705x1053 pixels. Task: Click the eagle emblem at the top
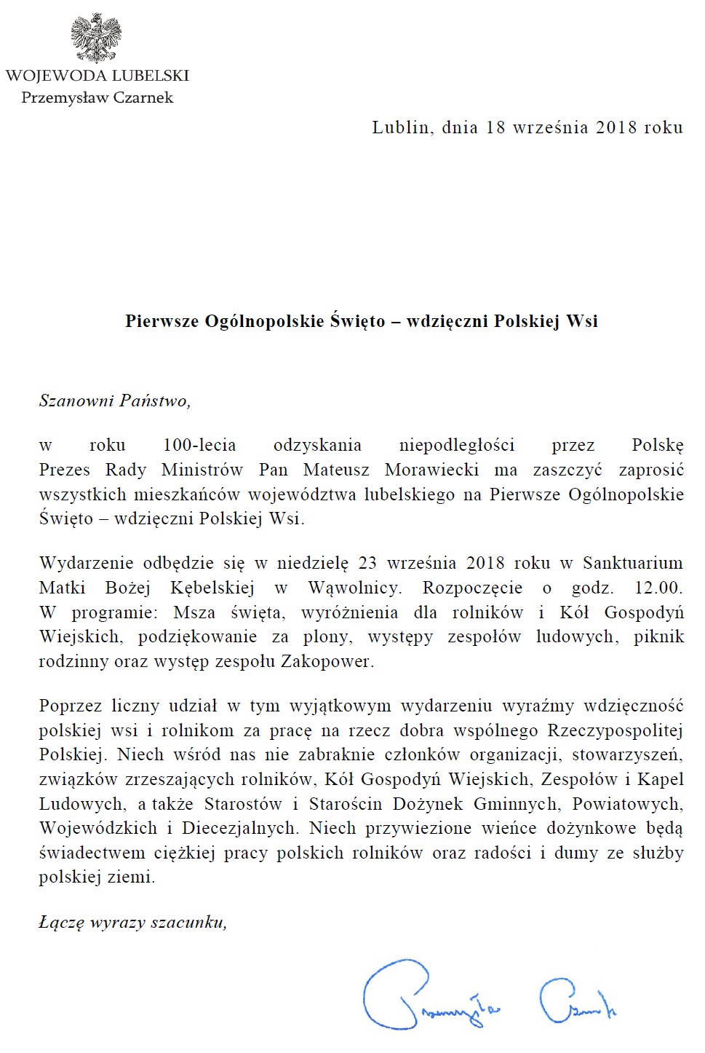pos(96,36)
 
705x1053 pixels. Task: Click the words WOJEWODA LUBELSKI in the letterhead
pos(97,76)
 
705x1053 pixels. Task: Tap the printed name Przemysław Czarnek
pos(97,98)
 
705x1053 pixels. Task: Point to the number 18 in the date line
pos(495,127)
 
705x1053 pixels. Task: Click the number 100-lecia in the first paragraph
pos(199,445)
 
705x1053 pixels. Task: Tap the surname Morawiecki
pos(432,470)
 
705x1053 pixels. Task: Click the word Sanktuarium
pos(633,563)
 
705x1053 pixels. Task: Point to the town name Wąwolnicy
pos(354,588)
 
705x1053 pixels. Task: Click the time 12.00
pos(658,588)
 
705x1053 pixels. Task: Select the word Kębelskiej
pos(212,588)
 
